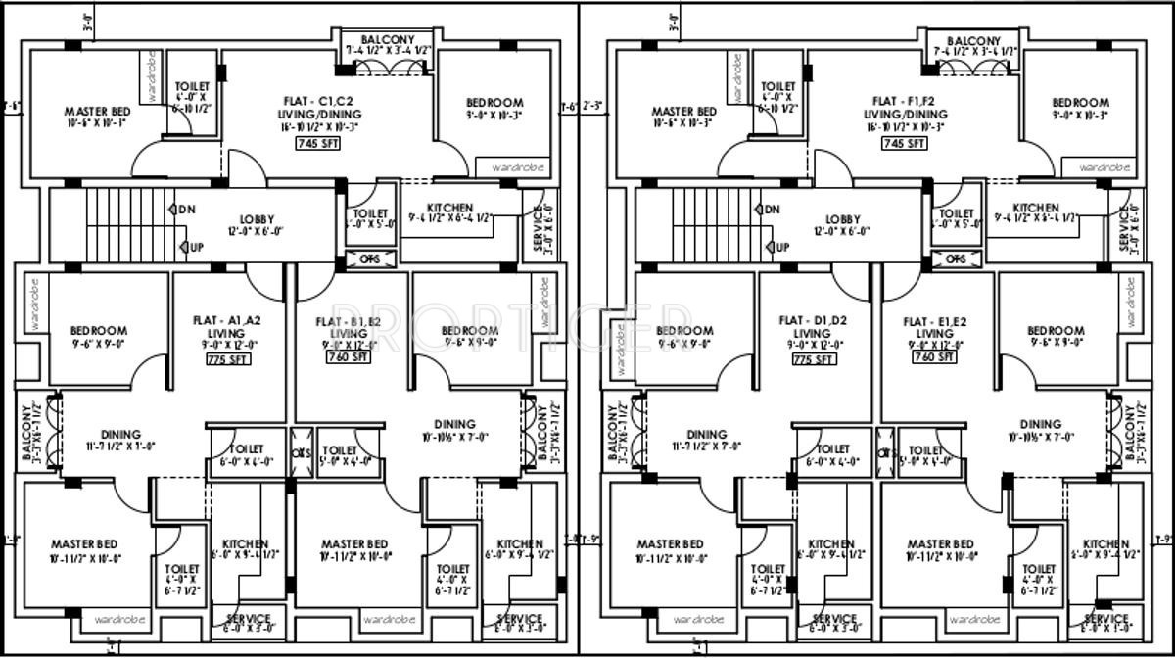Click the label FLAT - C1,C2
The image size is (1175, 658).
tap(318, 101)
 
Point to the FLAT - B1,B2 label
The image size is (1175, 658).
tap(349, 321)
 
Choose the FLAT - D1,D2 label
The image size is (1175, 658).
tap(813, 319)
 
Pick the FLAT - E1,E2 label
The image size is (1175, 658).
tap(935, 321)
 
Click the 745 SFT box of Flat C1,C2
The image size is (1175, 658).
tap(317, 143)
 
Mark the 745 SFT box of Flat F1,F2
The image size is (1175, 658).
tap(903, 143)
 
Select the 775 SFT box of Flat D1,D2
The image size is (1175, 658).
tap(813, 360)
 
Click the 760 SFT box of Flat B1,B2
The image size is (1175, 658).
tap(350, 357)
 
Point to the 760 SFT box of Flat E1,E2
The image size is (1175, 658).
tap(934, 358)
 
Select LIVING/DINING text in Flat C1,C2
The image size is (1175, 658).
tap(318, 114)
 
